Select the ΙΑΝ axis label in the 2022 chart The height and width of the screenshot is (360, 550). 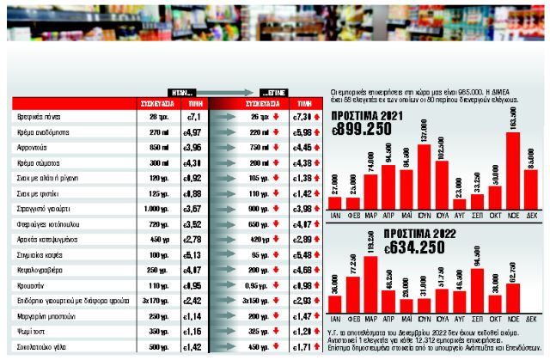point(337,325)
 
